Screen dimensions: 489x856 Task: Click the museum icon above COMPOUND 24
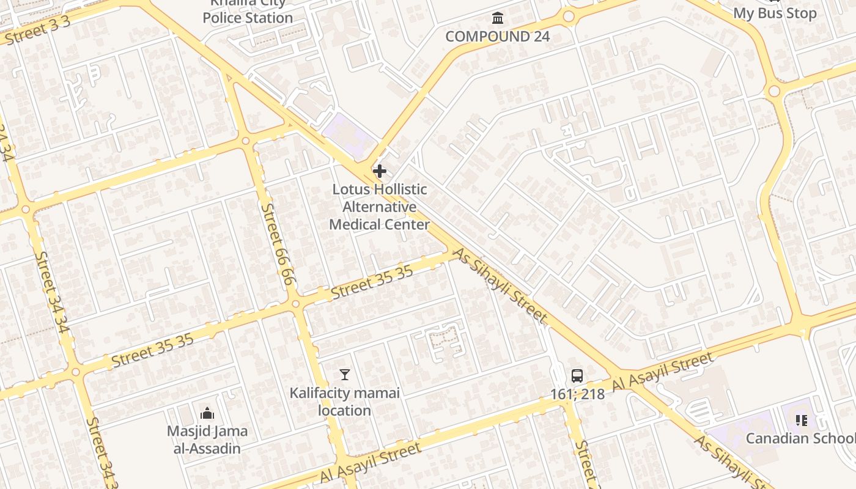tap(498, 18)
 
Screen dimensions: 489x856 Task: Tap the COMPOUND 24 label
tap(497, 36)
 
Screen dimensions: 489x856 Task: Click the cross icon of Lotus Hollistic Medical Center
tap(379, 171)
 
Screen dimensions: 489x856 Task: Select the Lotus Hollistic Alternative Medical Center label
tap(379, 207)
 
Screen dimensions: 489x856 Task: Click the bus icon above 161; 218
tap(577, 376)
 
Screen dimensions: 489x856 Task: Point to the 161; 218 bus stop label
tap(577, 394)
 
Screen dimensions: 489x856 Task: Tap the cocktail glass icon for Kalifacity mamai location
tap(345, 375)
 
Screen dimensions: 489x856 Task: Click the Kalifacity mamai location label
tap(345, 402)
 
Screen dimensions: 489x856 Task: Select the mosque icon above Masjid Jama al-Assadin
tap(207, 413)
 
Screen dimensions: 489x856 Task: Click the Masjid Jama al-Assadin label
tap(207, 439)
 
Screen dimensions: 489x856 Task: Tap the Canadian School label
tap(800, 438)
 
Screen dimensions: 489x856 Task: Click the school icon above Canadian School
tap(802, 420)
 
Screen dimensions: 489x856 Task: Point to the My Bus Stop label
tap(774, 13)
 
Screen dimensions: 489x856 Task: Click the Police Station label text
tap(248, 17)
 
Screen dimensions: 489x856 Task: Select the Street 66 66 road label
tap(278, 243)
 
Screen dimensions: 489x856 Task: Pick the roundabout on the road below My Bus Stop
tap(774, 91)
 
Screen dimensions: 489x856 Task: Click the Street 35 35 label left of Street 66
tap(152, 351)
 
